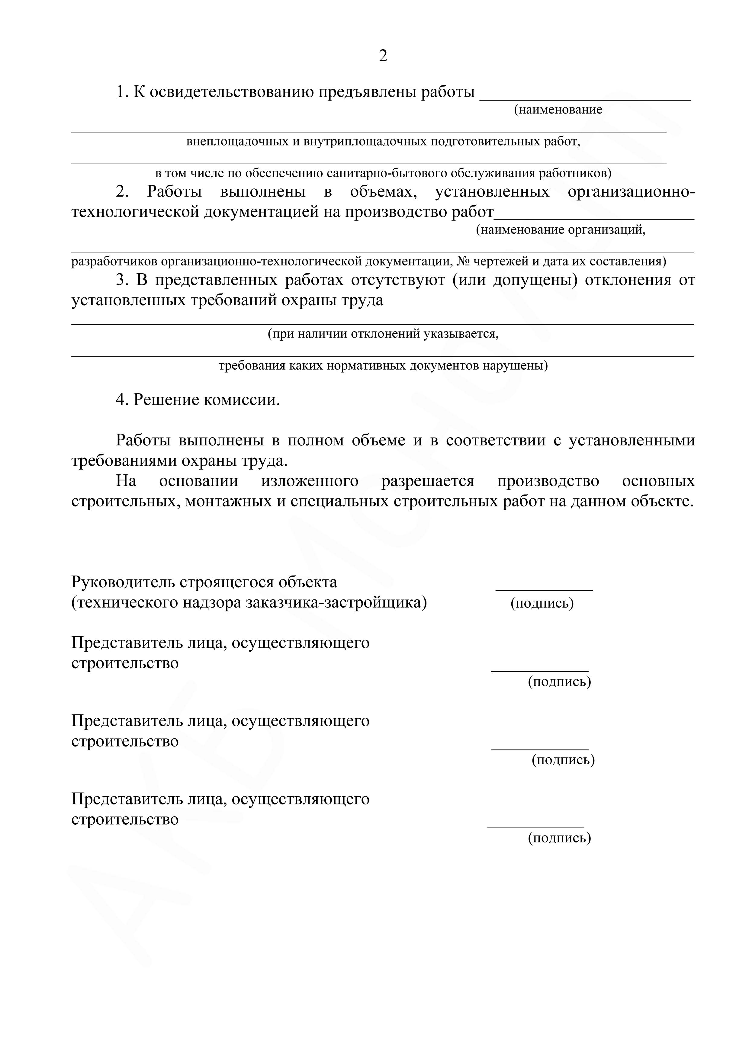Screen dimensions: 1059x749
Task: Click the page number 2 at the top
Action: (x=383, y=56)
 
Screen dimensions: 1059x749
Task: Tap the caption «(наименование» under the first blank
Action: (x=558, y=110)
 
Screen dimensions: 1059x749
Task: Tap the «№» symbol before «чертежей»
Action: (x=463, y=262)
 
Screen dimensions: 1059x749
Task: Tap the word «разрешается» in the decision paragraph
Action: (x=428, y=481)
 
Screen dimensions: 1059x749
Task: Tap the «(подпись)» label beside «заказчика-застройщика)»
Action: (x=542, y=603)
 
